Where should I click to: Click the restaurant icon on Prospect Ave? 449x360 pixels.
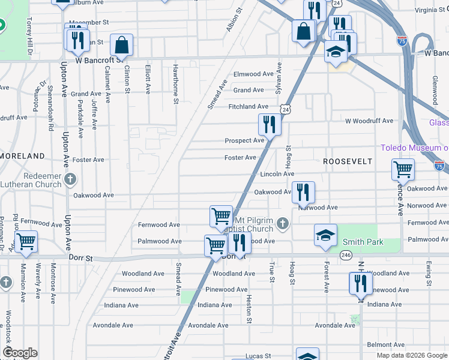pos(270,125)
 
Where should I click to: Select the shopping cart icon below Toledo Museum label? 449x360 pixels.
pos(403,169)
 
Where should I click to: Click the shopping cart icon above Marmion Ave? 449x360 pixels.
pos(26,241)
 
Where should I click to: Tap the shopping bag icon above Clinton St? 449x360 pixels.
pos(121,44)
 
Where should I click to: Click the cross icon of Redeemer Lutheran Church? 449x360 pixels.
pos(71,179)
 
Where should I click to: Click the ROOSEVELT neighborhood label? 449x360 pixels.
pos(347,162)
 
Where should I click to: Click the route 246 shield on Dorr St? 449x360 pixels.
pos(346,255)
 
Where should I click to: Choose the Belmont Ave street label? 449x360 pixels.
pos(383,345)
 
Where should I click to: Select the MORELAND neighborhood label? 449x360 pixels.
pos(22,156)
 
